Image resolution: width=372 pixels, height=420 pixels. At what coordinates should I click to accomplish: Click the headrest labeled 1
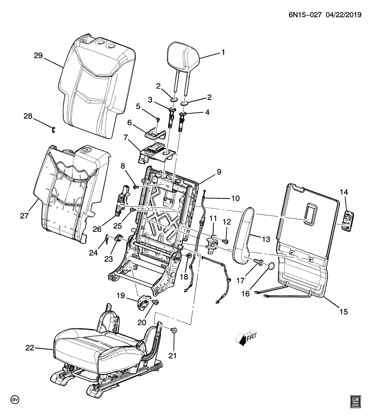click(x=183, y=54)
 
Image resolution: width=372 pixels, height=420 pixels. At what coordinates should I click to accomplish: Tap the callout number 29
click(x=39, y=55)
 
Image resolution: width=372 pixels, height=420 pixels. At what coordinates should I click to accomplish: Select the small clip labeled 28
click(x=53, y=128)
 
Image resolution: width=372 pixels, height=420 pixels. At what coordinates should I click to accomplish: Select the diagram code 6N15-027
click(x=304, y=15)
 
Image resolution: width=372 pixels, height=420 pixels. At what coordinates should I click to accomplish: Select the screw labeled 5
click(x=158, y=119)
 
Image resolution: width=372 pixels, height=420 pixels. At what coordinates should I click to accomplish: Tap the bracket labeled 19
click(x=144, y=302)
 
